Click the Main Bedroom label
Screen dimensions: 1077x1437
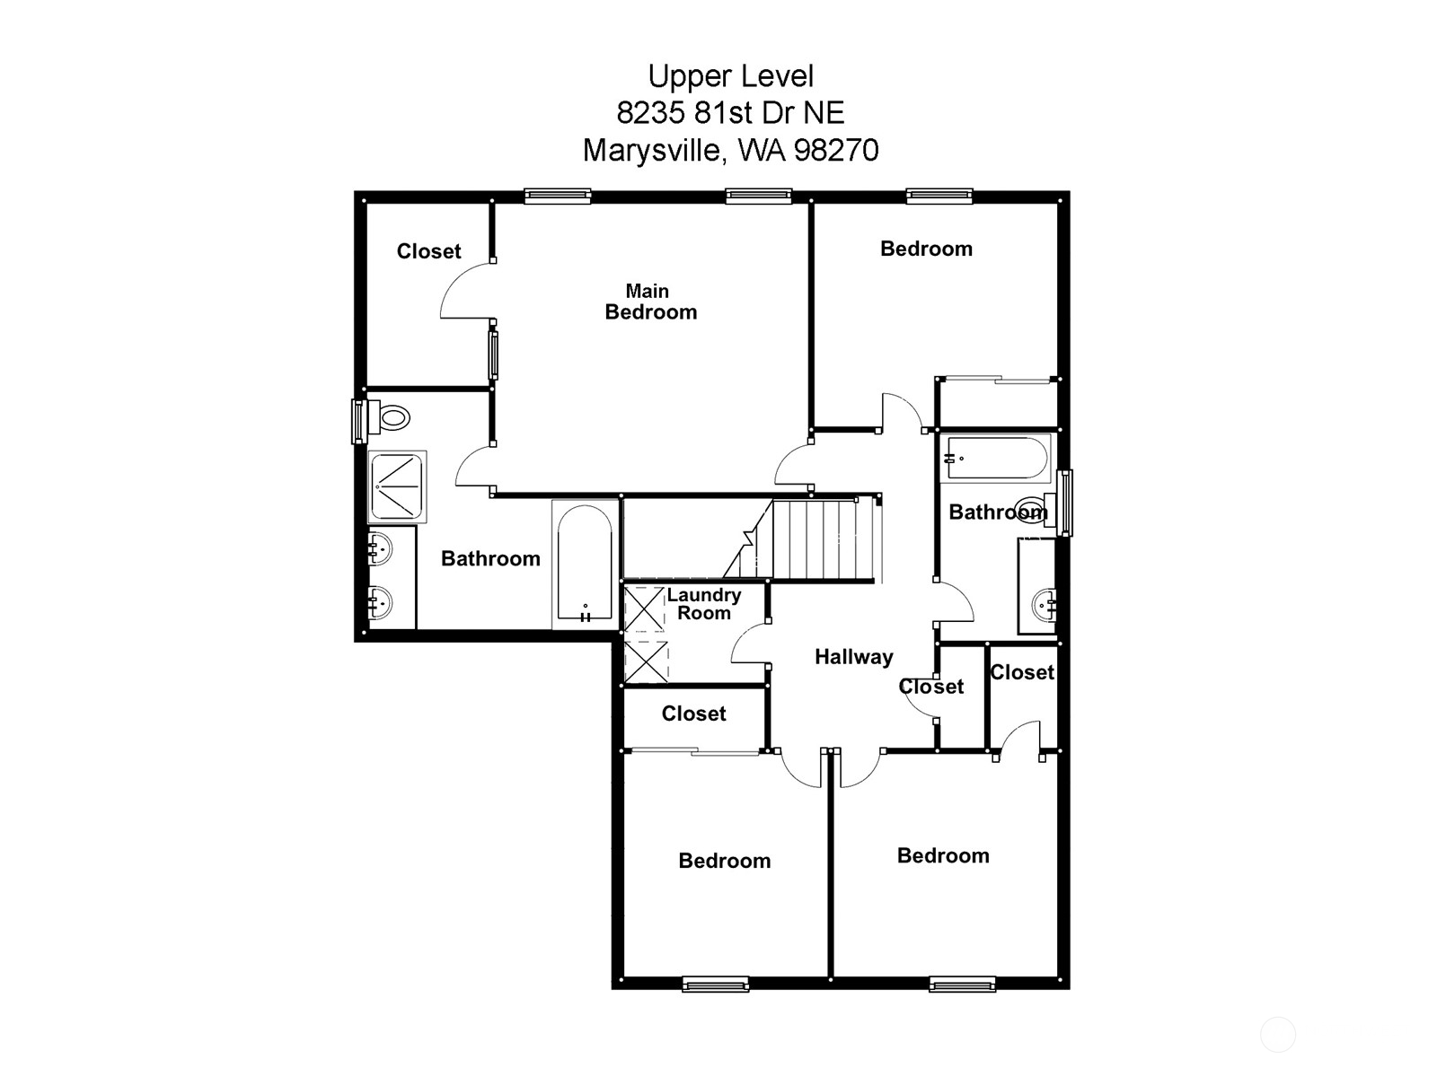coord(650,302)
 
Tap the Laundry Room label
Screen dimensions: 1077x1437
coord(703,604)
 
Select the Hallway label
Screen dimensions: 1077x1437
coord(853,657)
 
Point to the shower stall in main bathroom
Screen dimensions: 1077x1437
coord(397,486)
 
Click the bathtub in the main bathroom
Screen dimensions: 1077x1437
coord(585,564)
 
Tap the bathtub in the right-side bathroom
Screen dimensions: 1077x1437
coord(995,458)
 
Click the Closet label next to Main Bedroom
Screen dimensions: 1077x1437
coord(428,251)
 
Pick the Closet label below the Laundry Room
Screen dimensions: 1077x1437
coord(693,714)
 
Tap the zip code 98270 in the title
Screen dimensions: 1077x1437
coord(837,150)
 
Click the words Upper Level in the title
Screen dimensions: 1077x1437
coord(730,76)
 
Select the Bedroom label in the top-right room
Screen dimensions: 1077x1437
coord(926,249)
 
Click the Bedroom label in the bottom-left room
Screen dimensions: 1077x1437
coord(724,861)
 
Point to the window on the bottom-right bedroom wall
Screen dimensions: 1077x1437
coord(962,985)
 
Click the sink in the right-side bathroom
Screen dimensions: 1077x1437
coord(1044,603)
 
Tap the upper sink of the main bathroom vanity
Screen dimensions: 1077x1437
coord(380,547)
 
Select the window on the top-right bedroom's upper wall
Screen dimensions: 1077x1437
coord(939,196)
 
